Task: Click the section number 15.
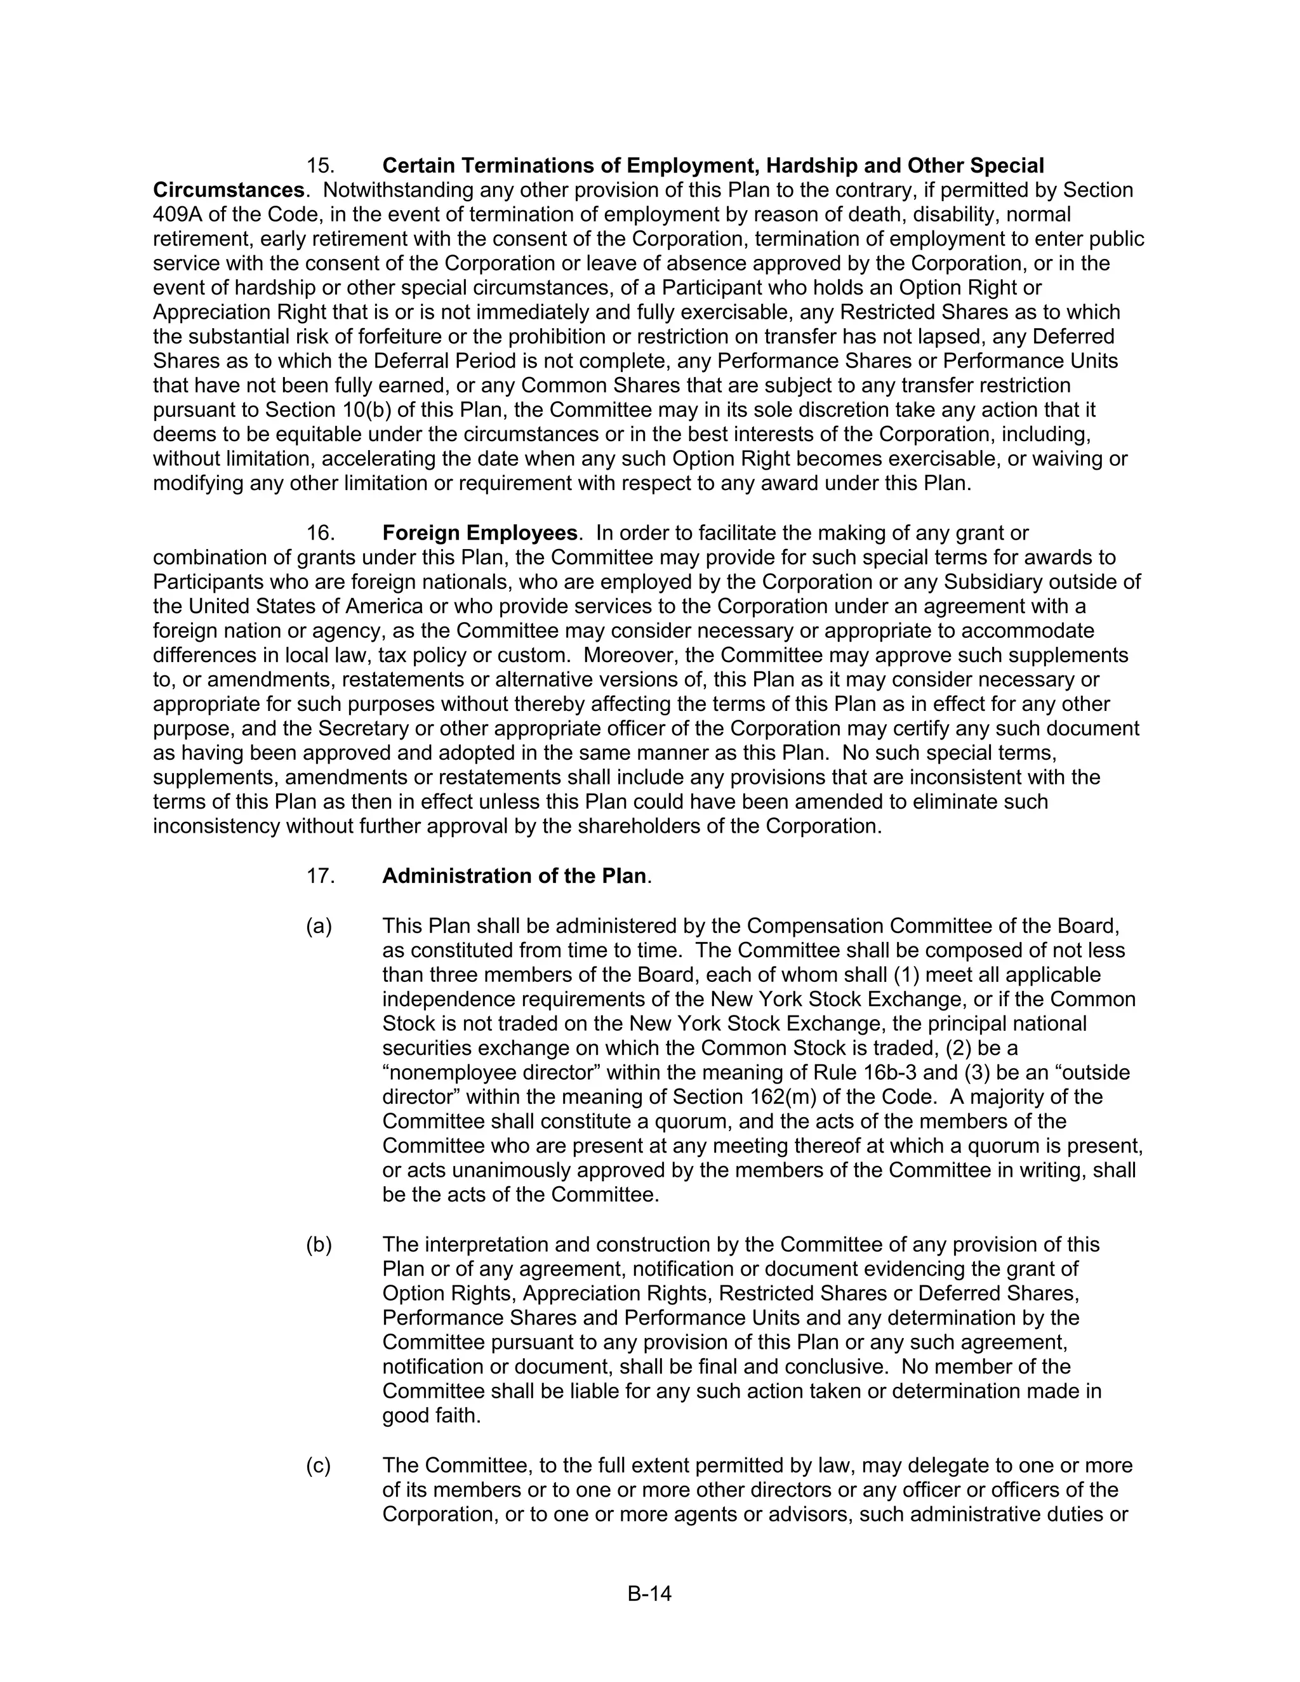pyautogui.click(x=320, y=166)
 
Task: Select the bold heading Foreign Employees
pyautogui.click(x=480, y=533)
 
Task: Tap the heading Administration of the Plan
pyautogui.click(x=514, y=876)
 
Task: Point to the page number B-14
pyautogui.click(x=649, y=1593)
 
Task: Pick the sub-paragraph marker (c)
pyautogui.click(x=319, y=1465)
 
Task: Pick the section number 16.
pyautogui.click(x=320, y=533)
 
